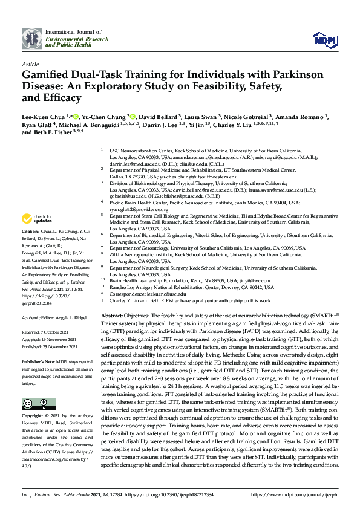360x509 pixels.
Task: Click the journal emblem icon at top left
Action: point(31,39)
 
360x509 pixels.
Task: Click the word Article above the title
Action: point(30,64)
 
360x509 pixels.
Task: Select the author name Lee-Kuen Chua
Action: point(43,117)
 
